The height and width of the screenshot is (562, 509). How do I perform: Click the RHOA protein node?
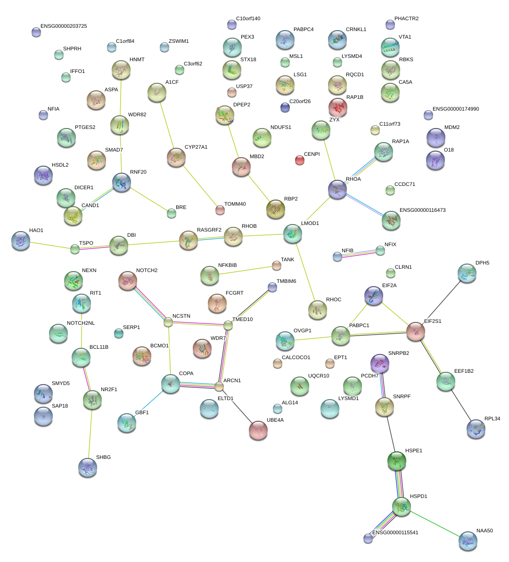(x=337, y=189)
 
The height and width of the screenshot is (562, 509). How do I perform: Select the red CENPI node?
(x=299, y=160)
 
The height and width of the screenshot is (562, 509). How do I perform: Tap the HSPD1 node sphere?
(x=401, y=506)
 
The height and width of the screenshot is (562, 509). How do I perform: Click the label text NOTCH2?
(x=147, y=271)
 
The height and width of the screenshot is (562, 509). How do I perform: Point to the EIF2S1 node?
(x=416, y=331)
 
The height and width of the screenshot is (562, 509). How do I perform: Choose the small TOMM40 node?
(x=220, y=210)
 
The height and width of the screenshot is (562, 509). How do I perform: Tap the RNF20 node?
(x=122, y=182)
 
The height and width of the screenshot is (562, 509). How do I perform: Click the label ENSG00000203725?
(x=64, y=26)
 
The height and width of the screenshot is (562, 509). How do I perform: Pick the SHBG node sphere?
(x=88, y=467)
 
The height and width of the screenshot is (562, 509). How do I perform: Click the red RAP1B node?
(x=337, y=107)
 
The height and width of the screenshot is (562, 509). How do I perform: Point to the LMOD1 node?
(x=293, y=233)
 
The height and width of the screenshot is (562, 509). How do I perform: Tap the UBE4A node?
(x=258, y=430)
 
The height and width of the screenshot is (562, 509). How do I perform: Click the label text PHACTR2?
(x=406, y=19)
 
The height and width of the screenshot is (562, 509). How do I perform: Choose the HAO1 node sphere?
(x=20, y=241)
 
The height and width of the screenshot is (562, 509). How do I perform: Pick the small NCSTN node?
(x=168, y=322)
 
